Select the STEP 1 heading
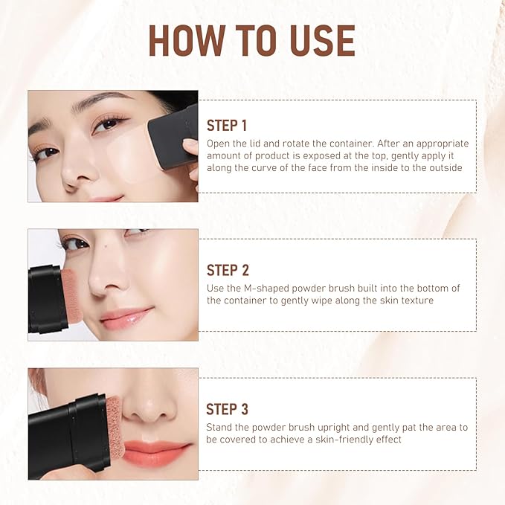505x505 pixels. (227, 126)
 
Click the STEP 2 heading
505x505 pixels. (228, 270)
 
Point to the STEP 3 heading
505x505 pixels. (228, 409)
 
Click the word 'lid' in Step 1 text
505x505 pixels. (263, 144)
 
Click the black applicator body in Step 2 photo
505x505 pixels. (43, 300)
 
